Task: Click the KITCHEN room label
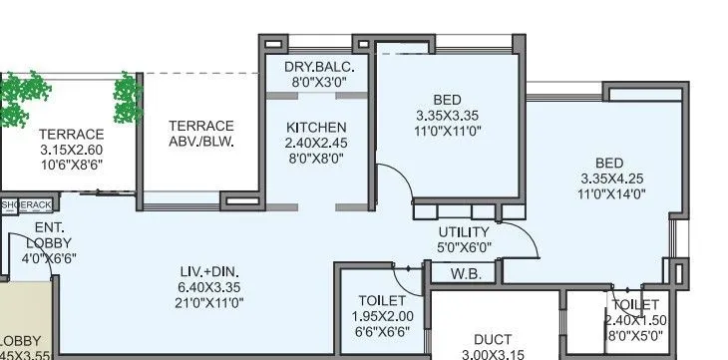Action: (x=316, y=127)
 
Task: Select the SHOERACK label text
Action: (x=26, y=205)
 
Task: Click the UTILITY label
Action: (x=464, y=231)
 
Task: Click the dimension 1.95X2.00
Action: (x=381, y=316)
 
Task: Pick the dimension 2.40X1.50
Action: (x=635, y=320)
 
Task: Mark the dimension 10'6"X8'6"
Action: (x=71, y=167)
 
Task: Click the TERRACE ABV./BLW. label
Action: (x=200, y=134)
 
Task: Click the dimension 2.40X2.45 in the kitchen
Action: (x=316, y=143)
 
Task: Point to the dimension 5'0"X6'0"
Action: (x=464, y=247)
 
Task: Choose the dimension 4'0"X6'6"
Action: (x=42, y=258)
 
